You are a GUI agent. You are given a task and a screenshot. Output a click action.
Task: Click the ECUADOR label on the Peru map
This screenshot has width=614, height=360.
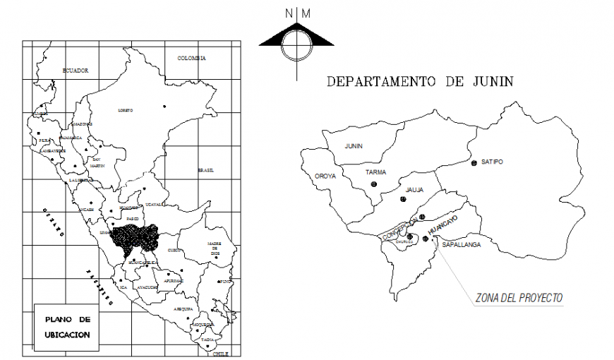tap(75, 71)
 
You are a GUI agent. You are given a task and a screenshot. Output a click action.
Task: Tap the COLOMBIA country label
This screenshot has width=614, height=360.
tap(191, 58)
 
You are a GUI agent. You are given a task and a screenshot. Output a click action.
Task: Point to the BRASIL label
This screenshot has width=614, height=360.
tap(206, 170)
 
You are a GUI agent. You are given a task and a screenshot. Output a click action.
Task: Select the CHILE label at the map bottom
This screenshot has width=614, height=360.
tap(222, 354)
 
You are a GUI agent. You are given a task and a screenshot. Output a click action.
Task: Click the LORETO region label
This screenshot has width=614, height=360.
tap(126, 110)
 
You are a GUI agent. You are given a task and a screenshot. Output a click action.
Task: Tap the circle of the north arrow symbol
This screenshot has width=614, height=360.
tap(296, 45)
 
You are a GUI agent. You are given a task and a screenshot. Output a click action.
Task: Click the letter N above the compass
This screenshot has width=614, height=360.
tap(289, 13)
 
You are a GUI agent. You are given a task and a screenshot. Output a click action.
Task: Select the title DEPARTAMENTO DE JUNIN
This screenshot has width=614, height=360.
tap(419, 82)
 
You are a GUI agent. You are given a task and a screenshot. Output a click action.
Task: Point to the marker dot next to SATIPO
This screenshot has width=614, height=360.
tap(474, 163)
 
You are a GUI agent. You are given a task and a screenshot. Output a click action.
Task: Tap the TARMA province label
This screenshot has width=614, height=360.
tap(375, 172)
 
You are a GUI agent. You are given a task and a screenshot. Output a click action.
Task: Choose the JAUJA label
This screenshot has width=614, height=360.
tap(414, 189)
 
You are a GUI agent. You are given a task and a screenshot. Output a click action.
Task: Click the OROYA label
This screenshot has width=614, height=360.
tap(325, 176)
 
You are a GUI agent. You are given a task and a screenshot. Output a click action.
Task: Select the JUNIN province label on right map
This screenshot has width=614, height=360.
tap(354, 145)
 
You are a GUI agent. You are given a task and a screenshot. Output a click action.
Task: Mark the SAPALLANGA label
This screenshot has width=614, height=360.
tap(462, 244)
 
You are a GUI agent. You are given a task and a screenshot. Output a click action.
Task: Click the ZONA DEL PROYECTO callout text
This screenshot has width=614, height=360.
tap(519, 298)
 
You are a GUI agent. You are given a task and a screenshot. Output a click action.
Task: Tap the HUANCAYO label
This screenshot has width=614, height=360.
tap(443, 229)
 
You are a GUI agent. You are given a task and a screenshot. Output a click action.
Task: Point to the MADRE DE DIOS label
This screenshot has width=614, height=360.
tap(214, 248)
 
